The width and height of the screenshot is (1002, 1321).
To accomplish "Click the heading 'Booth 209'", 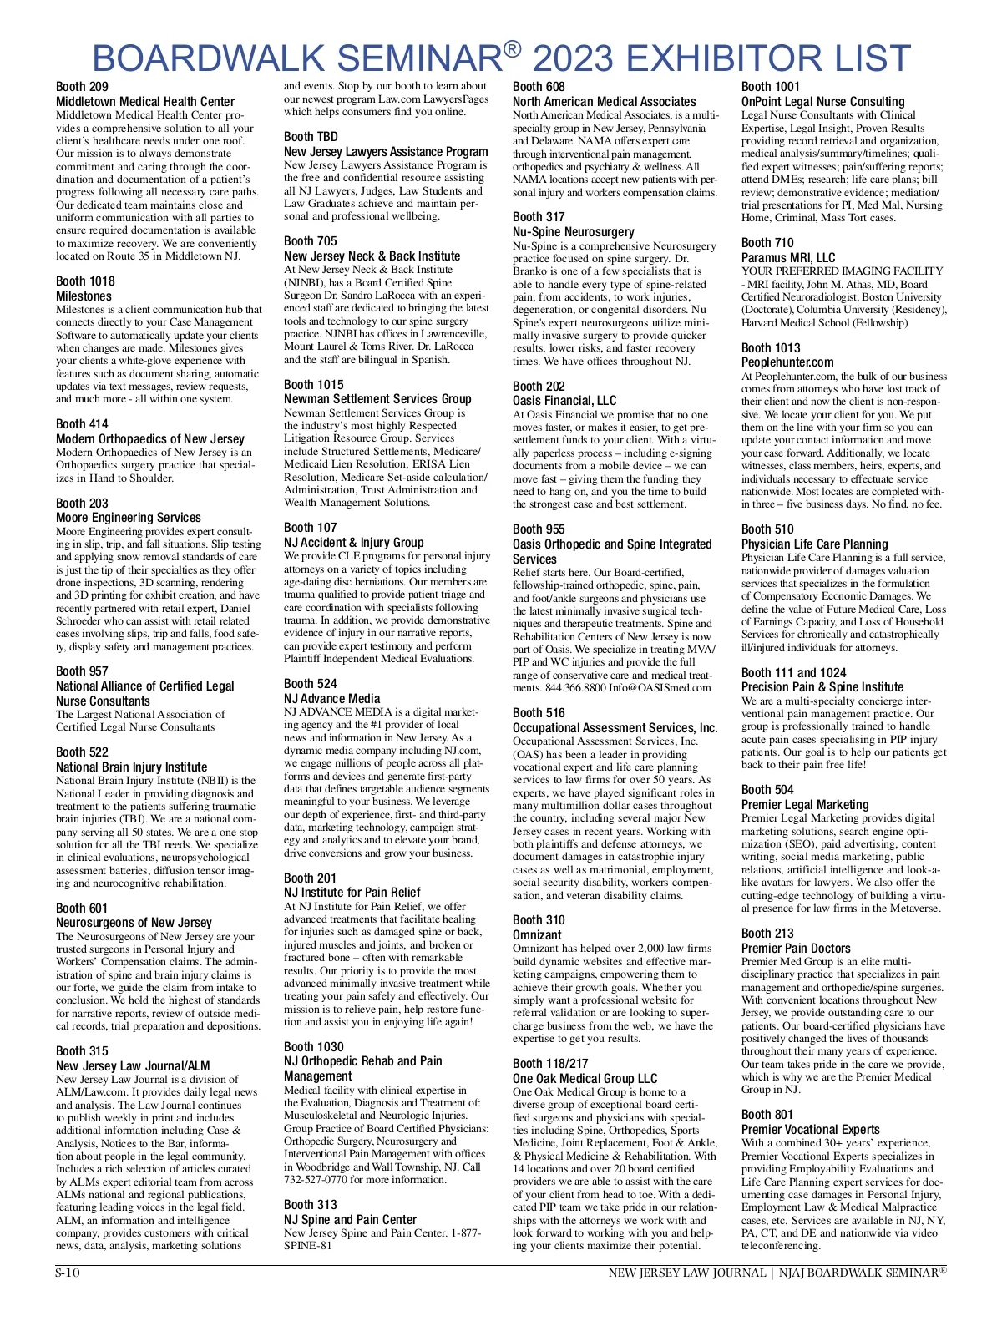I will [82, 87].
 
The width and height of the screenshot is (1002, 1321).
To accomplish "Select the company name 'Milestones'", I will [83, 296].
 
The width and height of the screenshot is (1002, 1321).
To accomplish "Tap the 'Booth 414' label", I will [82, 424].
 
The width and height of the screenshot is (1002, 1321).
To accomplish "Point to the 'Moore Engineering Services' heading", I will [129, 518].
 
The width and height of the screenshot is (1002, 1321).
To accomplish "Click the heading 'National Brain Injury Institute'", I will [131, 767].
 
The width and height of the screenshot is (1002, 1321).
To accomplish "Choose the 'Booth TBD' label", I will [311, 137].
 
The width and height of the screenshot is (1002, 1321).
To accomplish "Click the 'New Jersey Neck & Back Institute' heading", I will [372, 256].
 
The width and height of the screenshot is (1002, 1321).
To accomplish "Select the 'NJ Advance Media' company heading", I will [331, 699].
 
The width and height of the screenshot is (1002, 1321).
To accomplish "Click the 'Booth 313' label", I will [311, 1205].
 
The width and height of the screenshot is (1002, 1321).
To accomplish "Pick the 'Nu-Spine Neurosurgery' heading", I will [574, 232].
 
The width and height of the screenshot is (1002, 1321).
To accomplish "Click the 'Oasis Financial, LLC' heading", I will [564, 401].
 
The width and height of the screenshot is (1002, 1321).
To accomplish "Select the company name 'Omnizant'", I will [537, 935].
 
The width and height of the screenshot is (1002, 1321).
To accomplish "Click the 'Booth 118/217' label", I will [550, 1064].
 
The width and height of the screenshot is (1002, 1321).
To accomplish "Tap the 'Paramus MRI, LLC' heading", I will [788, 258].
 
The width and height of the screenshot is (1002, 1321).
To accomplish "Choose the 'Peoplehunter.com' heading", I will [787, 362].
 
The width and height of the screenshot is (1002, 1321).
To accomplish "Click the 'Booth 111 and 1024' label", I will [793, 673].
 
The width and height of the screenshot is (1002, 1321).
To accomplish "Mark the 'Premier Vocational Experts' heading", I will [811, 1130].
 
